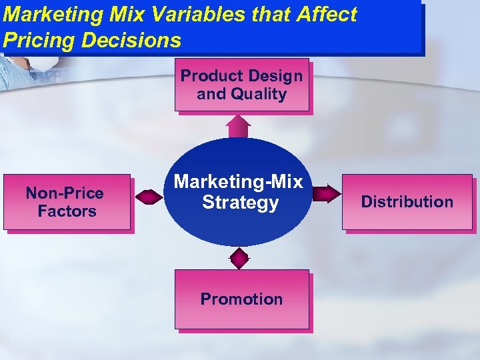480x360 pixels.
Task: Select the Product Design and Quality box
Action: (242, 85)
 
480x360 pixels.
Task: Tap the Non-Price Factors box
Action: (67, 202)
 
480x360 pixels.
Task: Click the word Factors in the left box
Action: (67, 211)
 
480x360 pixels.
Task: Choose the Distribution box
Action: (407, 202)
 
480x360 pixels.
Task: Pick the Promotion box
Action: (242, 299)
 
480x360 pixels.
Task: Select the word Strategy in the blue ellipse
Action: (240, 202)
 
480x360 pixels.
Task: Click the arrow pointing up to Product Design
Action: (238, 126)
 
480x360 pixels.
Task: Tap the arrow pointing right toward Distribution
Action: (326, 194)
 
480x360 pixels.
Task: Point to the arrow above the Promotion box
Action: (239, 257)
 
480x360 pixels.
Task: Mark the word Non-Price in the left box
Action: (65, 193)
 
